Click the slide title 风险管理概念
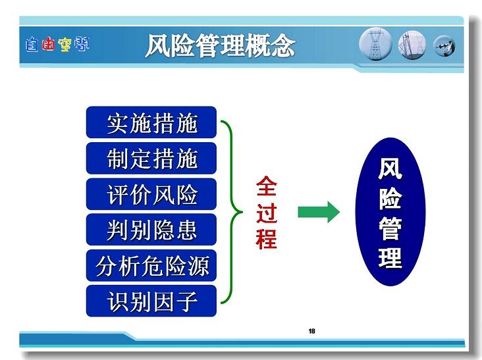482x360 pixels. click(x=220, y=46)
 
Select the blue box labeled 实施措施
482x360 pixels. click(x=151, y=122)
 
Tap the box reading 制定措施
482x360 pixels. click(x=151, y=158)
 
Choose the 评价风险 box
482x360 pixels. click(x=151, y=194)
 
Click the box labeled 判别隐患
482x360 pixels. click(x=151, y=230)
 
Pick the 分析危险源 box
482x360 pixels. click(x=151, y=265)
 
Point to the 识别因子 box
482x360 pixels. click(x=151, y=301)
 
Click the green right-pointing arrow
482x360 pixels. click(x=319, y=212)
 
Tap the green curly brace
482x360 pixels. click(x=231, y=212)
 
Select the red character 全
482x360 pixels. click(x=267, y=186)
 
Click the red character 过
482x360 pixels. click(x=267, y=212)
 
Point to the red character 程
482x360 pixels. click(x=267, y=238)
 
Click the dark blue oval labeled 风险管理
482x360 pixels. click(x=390, y=212)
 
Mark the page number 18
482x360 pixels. click(x=311, y=331)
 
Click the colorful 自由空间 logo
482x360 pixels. click(x=57, y=45)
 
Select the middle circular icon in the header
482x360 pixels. click(x=412, y=45)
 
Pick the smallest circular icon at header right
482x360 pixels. click(x=444, y=46)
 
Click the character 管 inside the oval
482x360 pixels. click(x=390, y=229)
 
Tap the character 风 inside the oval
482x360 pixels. click(x=390, y=168)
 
